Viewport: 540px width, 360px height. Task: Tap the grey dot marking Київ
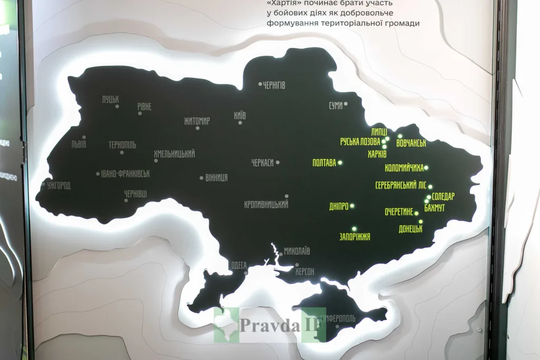click(x=240, y=123)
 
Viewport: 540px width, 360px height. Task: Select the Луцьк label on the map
click(x=111, y=99)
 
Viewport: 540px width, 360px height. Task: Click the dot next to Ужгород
click(x=44, y=184)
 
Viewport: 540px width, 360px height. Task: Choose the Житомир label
click(x=197, y=121)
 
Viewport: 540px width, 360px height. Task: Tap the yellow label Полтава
click(x=324, y=163)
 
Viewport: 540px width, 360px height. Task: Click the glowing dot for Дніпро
click(x=352, y=206)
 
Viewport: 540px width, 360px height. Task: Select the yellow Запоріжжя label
click(x=355, y=237)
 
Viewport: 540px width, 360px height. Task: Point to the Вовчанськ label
click(x=411, y=143)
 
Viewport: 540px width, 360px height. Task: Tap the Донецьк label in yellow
click(x=411, y=229)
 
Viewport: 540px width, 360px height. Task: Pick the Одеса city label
click(x=239, y=265)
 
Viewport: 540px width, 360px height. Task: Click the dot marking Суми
click(x=346, y=104)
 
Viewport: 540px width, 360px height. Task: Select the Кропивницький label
click(x=266, y=205)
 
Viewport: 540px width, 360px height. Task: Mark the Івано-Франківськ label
click(x=126, y=173)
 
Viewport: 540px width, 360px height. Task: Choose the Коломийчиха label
click(x=404, y=168)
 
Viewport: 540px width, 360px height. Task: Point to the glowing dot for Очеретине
click(x=417, y=213)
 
